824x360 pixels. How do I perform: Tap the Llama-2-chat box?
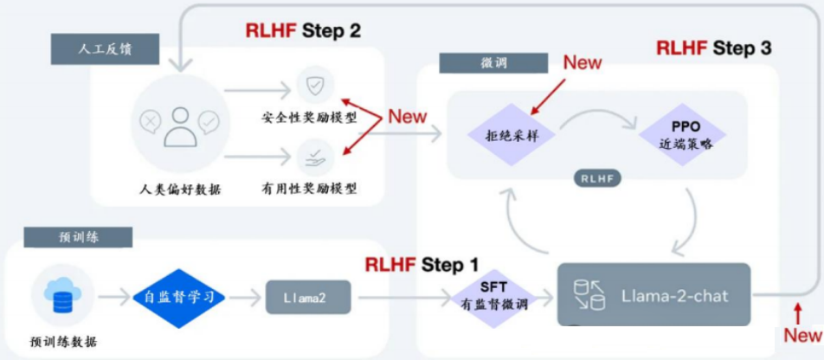(653, 295)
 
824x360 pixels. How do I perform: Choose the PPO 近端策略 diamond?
(683, 135)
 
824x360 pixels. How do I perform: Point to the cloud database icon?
(62, 296)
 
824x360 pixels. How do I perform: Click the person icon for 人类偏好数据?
(180, 123)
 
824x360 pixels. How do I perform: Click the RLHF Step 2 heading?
(303, 31)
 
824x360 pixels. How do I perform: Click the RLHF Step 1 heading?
(422, 264)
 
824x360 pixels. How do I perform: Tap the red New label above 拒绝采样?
(583, 62)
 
